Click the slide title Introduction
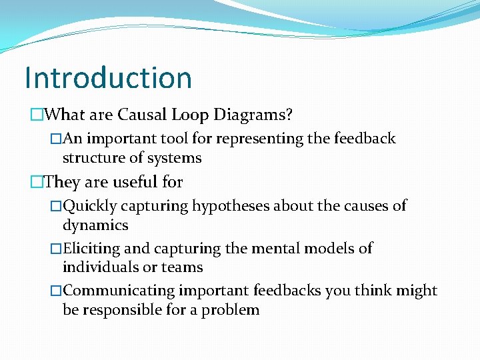108,77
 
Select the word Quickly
89,206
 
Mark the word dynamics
95,225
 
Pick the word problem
231,310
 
